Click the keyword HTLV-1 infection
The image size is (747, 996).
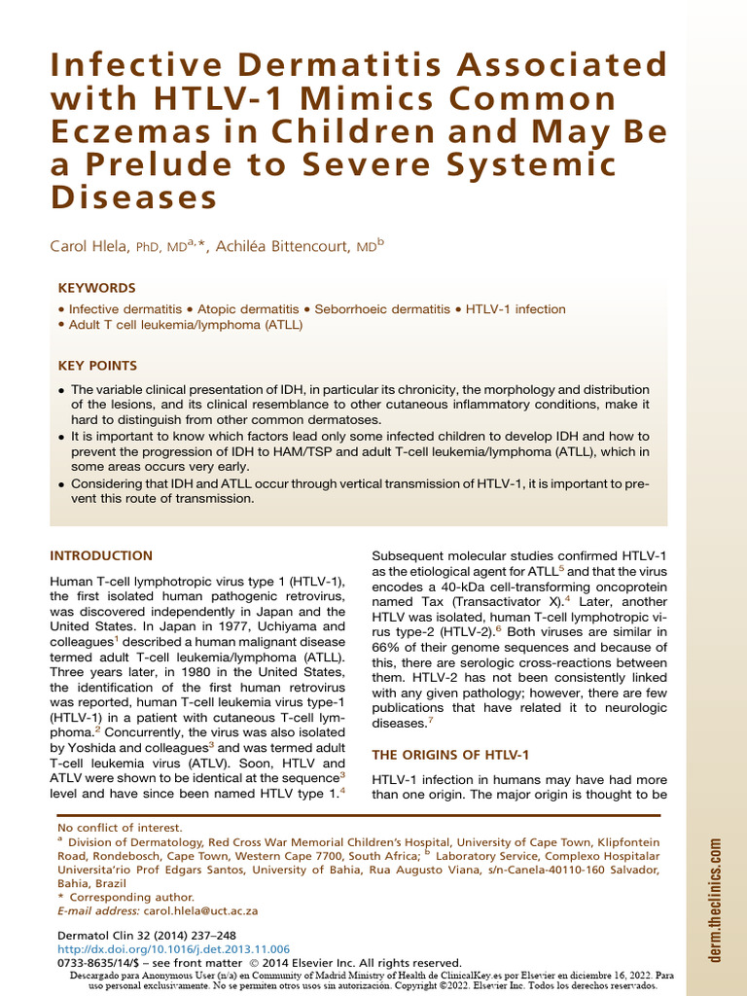coord(516,309)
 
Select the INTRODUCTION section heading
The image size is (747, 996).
coord(101,556)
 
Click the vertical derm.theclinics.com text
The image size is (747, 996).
coord(716,900)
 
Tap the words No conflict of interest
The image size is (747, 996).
coord(107,828)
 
